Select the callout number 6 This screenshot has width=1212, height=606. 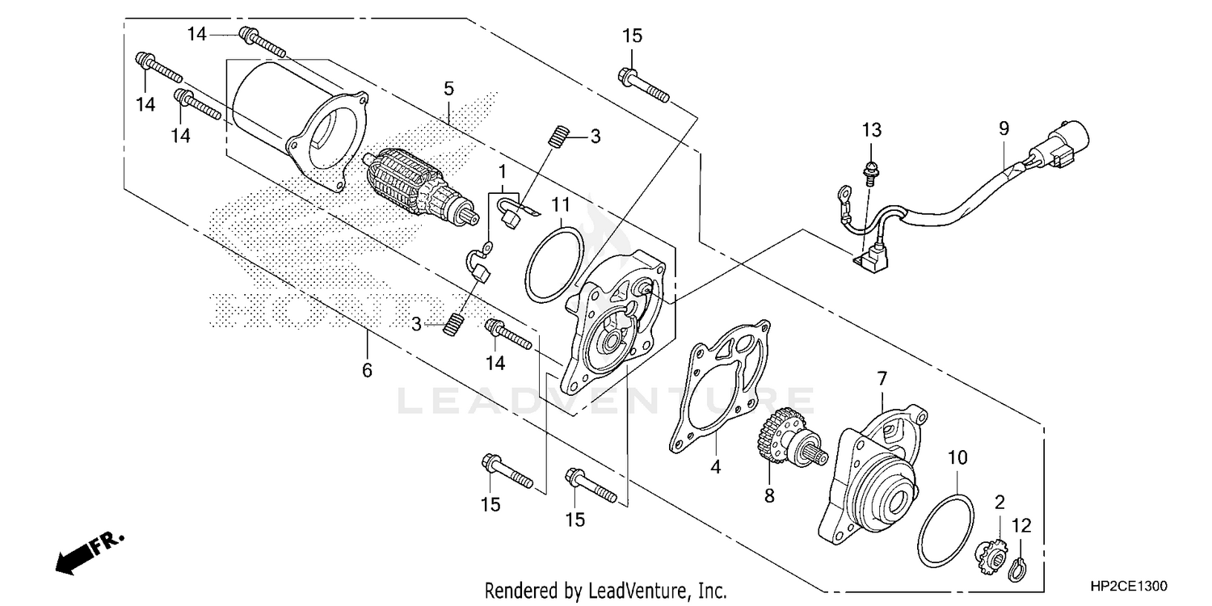pos(367,371)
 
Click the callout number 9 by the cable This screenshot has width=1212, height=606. pos(1004,128)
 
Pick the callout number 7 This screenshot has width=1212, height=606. pos(882,378)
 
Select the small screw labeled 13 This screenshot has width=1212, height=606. pos(870,171)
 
